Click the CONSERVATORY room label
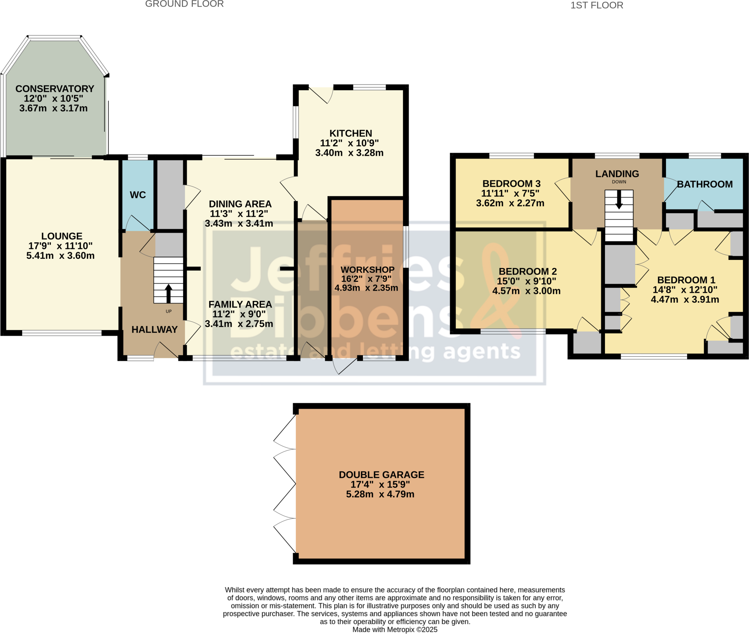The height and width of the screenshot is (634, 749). tap(55, 89)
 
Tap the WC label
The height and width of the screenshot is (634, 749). tap(138, 195)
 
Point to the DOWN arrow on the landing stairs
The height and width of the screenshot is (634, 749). tap(619, 200)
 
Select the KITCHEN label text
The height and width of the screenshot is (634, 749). tap(350, 133)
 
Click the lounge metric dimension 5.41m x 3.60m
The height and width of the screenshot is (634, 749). tap(60, 256)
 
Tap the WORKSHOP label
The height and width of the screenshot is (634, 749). tap(368, 269)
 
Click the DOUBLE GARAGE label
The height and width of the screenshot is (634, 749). tap(381, 475)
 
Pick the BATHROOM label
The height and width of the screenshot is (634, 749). tap(705, 184)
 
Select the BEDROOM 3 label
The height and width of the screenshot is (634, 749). tap(511, 184)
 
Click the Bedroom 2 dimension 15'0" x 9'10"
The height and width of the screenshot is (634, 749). tap(526, 281)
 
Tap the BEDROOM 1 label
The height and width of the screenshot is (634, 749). tap(686, 280)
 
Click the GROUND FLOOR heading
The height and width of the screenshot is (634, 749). tap(184, 4)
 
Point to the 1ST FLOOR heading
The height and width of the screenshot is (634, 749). tap(597, 5)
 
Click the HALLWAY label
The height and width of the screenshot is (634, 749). tap(154, 329)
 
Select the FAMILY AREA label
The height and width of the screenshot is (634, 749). tap(240, 304)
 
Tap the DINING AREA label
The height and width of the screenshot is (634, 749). tap(240, 204)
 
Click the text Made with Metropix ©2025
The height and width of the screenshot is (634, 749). tap(395, 629)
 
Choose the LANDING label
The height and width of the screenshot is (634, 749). tap(617, 174)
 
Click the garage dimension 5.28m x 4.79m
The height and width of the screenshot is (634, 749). tap(380, 494)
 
